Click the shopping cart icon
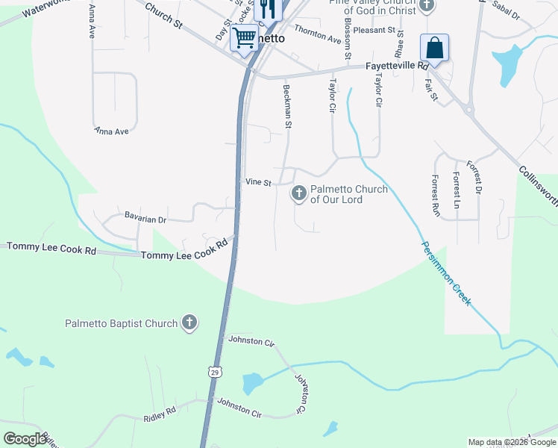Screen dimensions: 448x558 [x=245, y=37]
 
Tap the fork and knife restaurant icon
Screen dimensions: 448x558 [x=267, y=8]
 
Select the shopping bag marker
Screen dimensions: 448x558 [x=434, y=49]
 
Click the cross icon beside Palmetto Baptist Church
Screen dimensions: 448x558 [x=189, y=323]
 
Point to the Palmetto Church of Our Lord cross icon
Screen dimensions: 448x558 [x=298, y=194]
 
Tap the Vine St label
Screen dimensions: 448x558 [x=258, y=182]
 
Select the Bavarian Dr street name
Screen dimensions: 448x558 [x=145, y=220]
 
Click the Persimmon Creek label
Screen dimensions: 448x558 [x=446, y=273]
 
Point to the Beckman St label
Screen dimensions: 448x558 [x=287, y=105]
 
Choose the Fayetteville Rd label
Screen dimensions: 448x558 [x=395, y=66]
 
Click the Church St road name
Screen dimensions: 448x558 [x=163, y=15]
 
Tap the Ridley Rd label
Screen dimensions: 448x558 [x=160, y=411]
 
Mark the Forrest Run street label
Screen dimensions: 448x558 [x=436, y=196]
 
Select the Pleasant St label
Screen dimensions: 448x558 [x=374, y=30]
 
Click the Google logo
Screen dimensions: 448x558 [x=25, y=439]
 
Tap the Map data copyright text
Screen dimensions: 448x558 [x=511, y=442]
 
